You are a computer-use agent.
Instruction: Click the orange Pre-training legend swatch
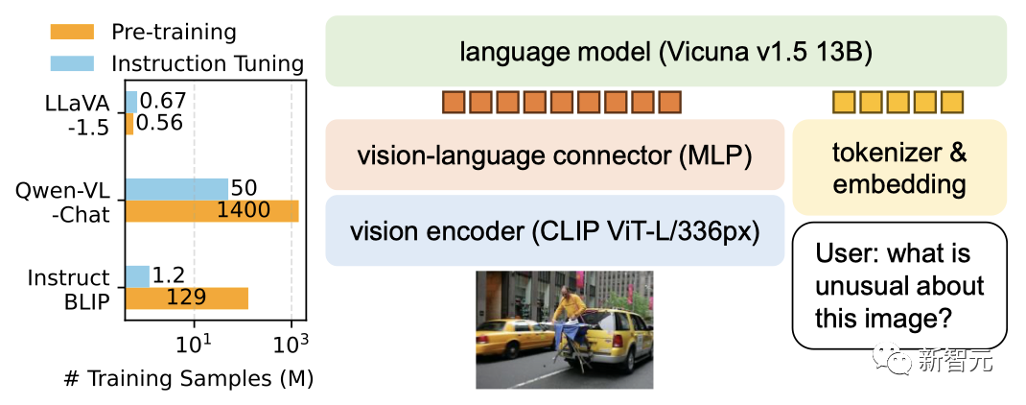[71, 31]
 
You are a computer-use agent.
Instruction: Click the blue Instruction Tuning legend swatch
[71, 63]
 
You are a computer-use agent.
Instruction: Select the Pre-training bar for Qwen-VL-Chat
[211, 210]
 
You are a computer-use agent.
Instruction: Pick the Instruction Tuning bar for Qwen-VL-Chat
[176, 188]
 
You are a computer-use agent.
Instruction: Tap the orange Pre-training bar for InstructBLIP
[186, 298]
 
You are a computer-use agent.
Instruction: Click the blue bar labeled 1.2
[137, 276]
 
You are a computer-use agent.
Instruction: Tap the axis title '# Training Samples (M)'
[188, 378]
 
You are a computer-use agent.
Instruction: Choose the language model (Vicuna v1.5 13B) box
[665, 51]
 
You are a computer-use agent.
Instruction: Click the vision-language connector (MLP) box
[554, 155]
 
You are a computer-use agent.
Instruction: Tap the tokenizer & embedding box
[899, 167]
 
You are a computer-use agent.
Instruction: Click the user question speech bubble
[899, 285]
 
